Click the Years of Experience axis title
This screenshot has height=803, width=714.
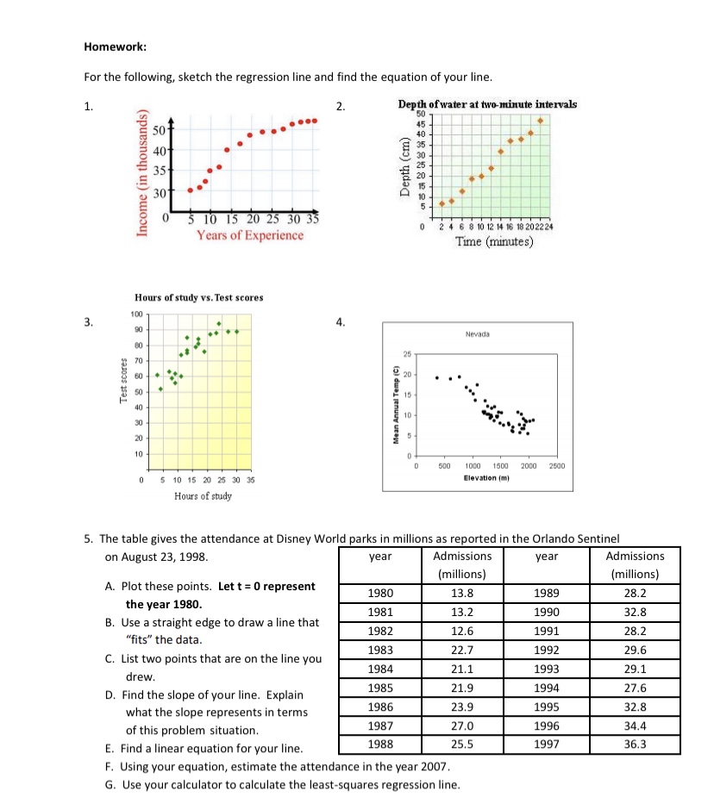(x=250, y=234)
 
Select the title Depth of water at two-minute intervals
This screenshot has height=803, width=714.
(x=487, y=104)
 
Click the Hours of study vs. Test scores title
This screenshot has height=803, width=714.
(x=199, y=297)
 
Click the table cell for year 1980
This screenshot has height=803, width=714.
(x=380, y=593)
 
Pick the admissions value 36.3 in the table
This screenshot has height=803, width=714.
(x=635, y=742)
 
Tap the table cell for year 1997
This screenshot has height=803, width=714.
(x=547, y=742)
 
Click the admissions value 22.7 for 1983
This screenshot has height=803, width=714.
(x=462, y=649)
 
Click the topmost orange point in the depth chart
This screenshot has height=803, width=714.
(x=541, y=121)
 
